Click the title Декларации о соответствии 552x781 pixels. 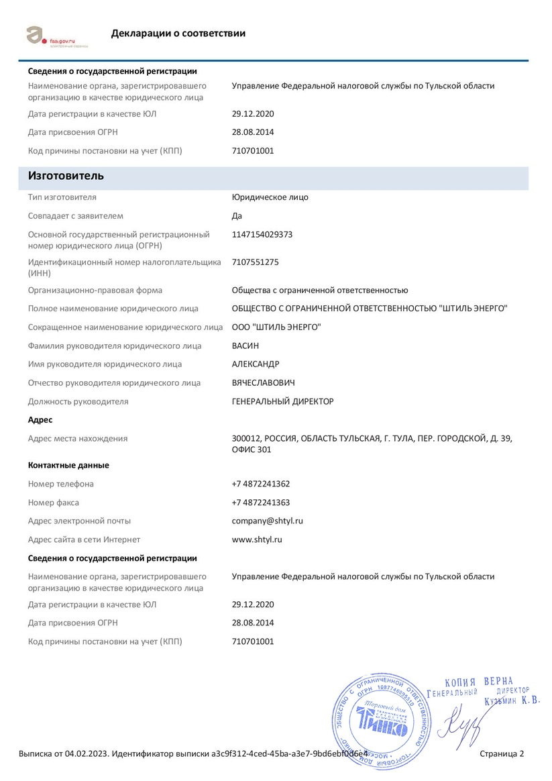pos(178,34)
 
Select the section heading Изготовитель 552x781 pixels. pos(66,176)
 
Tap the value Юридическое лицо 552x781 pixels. pos(270,197)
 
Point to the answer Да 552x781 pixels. pos(237,216)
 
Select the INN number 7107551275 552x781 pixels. pos(256,262)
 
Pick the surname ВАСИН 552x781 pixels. pos(245,346)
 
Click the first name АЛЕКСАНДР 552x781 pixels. pos(256,364)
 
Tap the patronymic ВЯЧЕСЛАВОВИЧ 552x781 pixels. pos(263,383)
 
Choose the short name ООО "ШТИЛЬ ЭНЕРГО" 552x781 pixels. pos(276,327)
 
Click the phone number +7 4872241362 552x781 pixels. pos(261,484)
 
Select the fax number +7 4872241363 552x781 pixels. pos(261,503)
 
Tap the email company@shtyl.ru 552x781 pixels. pos(268,521)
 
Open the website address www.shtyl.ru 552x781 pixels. pos(257,539)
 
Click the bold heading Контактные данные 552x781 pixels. pos(68,465)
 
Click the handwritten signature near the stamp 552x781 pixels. pos(461,728)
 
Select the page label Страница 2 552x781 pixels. pos(502,753)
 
